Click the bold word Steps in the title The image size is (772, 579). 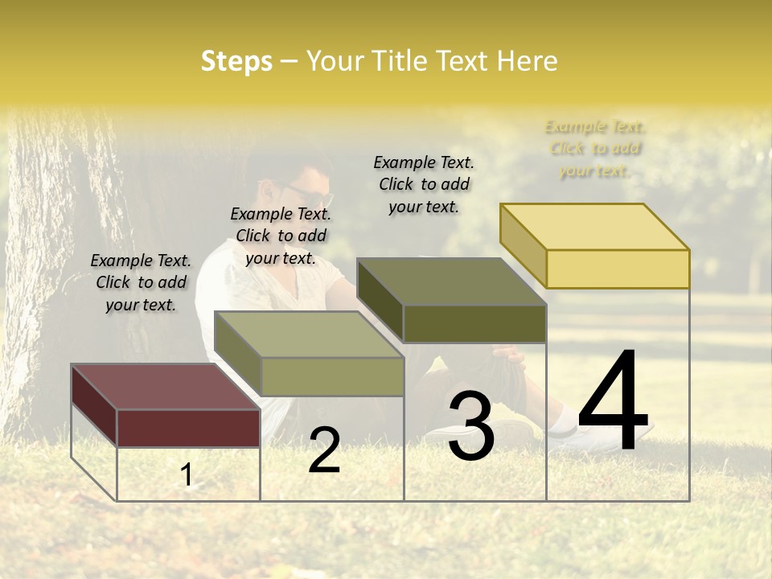point(236,61)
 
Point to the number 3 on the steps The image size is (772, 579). point(470,425)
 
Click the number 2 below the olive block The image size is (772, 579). point(324,450)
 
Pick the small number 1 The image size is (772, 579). point(187,475)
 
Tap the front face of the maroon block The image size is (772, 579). point(188,428)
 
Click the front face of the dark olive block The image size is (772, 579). point(474,323)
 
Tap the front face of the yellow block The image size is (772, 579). point(618,269)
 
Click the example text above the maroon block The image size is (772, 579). point(141,282)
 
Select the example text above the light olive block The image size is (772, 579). point(281,236)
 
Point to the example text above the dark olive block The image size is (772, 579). point(424,184)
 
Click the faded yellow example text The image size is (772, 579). point(595,148)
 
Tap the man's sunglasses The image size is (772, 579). point(310,193)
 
